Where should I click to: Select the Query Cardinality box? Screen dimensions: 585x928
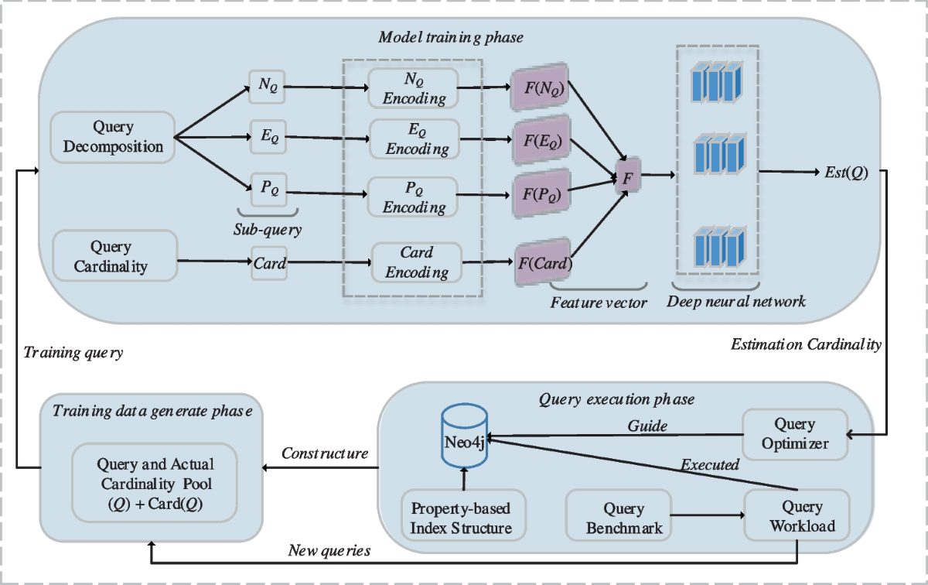pos(111,257)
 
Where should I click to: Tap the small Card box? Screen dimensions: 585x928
pos(270,263)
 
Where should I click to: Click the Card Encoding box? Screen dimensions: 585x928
pos(417,262)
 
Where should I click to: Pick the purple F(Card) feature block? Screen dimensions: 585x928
pos(543,263)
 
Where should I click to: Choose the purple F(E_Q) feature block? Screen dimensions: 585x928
pos(540,142)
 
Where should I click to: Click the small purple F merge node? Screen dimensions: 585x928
pos(628,176)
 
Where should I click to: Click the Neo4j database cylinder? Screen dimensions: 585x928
pos(464,439)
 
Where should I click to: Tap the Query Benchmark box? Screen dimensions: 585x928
pos(615,518)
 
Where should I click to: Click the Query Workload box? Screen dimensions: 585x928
pos(796,518)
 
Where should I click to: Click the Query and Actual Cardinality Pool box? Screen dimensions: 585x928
pos(154,482)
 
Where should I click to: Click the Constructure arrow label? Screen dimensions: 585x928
pos(324,453)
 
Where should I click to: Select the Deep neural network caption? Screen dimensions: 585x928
pos(737,301)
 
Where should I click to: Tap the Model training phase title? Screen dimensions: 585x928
pos(451,37)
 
